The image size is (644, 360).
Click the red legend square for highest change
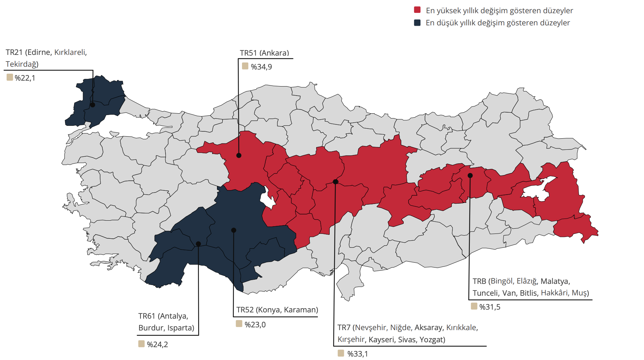(417, 10)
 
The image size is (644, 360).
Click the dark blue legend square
(417, 23)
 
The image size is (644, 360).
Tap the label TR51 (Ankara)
(264, 53)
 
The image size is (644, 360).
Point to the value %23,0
(255, 325)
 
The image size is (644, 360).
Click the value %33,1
(357, 354)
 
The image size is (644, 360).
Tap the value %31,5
(490, 307)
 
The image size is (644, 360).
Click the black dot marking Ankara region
(239, 155)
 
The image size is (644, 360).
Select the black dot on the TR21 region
(92, 105)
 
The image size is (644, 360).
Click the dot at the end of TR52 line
(234, 230)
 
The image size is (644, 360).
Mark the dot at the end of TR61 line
(198, 244)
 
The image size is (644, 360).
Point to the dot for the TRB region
(470, 175)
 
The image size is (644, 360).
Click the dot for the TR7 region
(336, 182)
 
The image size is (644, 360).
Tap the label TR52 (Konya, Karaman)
(277, 310)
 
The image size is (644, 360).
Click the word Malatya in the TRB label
(555, 281)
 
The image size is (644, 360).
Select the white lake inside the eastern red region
(536, 190)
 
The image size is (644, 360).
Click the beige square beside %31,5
(474, 306)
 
